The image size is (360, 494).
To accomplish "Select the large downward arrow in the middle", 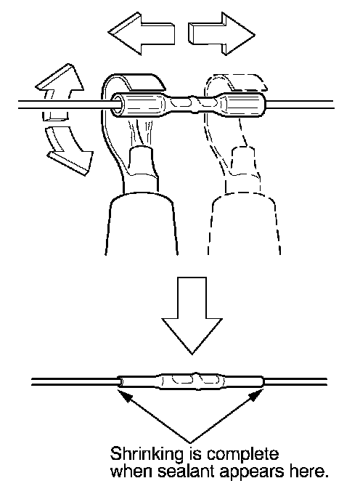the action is point(192,315).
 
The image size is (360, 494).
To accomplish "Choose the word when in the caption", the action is point(131,471).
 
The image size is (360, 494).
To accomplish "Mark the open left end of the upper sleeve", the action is point(118,102).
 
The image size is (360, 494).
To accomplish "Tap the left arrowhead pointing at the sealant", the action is point(123,396).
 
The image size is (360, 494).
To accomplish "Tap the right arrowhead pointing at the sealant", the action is point(258,396).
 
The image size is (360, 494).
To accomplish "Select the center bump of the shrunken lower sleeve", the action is point(196,381).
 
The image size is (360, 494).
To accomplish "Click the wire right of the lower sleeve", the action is point(296,381).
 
